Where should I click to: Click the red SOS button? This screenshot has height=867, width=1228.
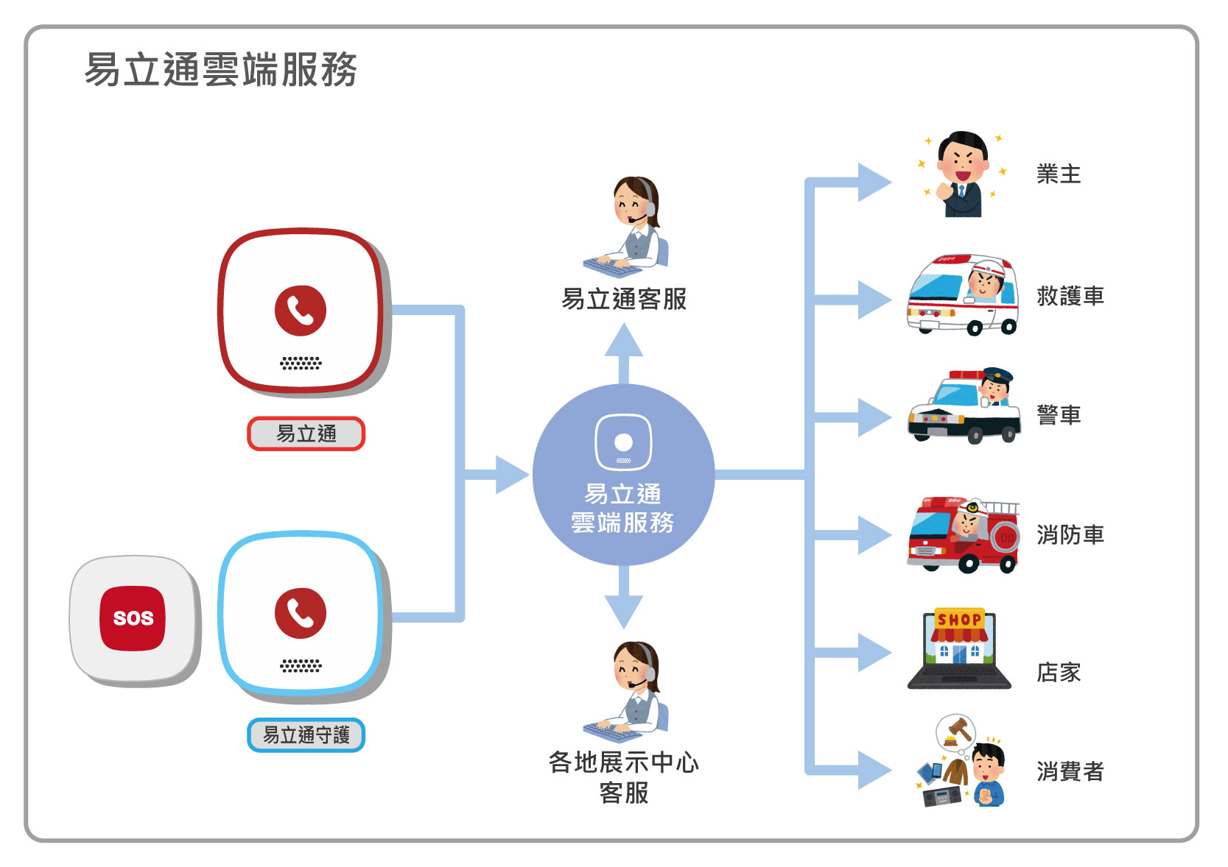click(133, 618)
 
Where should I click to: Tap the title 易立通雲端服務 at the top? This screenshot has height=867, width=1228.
click(220, 70)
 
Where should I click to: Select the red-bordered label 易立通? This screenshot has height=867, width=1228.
click(306, 433)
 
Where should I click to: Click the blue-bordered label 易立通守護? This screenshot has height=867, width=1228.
click(306, 735)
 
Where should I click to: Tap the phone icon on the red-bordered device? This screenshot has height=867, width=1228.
click(301, 311)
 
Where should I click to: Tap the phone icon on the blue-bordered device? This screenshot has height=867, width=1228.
click(301, 613)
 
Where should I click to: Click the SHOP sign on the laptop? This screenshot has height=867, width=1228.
click(959, 620)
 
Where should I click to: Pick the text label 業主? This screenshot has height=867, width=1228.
click(1059, 174)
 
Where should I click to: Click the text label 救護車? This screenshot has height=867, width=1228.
click(1070, 296)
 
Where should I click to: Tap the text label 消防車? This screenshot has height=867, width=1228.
click(1070, 535)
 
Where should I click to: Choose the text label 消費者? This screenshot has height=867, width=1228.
click(1070, 771)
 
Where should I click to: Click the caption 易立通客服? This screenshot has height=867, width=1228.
click(624, 299)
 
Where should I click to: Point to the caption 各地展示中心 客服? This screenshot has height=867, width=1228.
click(624, 777)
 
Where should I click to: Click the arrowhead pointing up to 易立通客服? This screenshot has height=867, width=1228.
click(624, 340)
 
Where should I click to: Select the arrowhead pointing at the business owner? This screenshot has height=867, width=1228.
click(874, 182)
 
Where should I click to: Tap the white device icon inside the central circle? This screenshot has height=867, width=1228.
click(623, 442)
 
